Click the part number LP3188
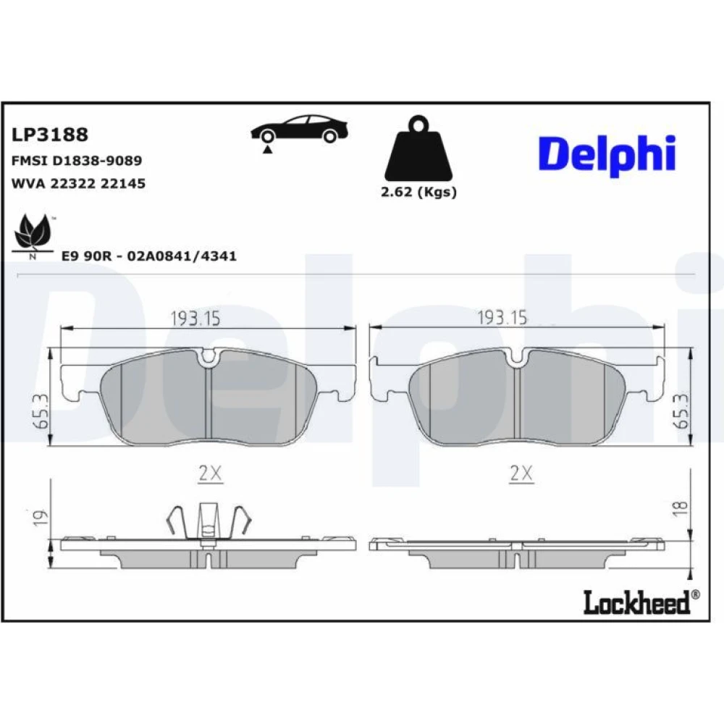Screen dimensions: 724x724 [x=49, y=135]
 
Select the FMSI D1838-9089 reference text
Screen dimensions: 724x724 [x=76, y=161]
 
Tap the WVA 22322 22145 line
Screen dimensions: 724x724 [x=78, y=183]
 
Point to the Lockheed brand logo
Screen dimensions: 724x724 [x=641, y=602]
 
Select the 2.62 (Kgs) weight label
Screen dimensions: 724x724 [x=418, y=192]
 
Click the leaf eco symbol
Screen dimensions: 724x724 [x=33, y=235]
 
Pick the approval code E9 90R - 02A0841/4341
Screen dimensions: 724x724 [x=148, y=256]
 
